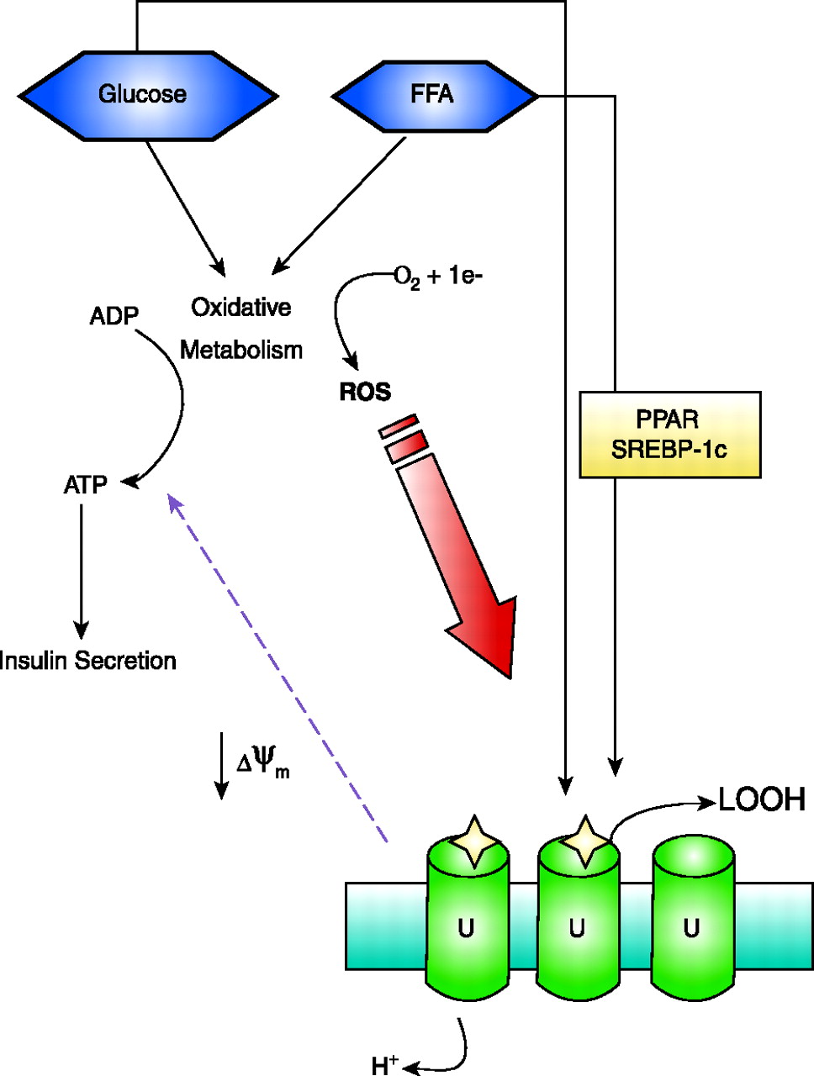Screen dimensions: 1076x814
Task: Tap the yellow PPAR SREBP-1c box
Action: coord(669,435)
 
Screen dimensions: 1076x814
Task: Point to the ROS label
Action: coord(365,392)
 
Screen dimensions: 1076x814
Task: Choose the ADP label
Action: coord(114,317)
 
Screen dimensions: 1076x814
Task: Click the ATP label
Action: coord(85,485)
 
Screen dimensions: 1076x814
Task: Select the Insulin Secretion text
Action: coord(88,661)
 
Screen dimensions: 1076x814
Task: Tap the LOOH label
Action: coord(762,799)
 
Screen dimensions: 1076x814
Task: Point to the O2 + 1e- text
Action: coord(438,277)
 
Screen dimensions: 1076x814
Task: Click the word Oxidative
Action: coord(241,308)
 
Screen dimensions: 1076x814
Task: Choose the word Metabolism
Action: coord(241,350)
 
